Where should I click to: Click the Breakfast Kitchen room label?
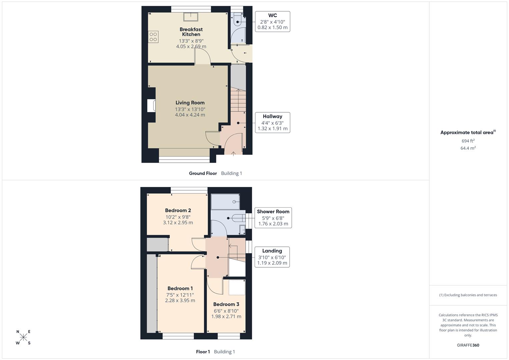191,32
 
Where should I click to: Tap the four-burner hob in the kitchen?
153,37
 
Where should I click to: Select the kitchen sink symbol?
191,16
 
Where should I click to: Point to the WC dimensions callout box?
272,22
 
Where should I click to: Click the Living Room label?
190,103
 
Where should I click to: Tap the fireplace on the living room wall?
152,106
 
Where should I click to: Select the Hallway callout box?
272,123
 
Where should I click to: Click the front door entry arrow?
233,153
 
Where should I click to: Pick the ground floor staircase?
238,100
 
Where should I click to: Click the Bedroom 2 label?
178,210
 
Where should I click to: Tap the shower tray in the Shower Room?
225,202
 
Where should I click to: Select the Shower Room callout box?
273,218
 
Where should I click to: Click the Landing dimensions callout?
272,257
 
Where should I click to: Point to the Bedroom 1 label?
180,288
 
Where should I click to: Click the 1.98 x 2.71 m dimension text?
226,316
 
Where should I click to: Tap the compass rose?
23,337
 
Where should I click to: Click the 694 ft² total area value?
468,141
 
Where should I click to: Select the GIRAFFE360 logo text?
468,345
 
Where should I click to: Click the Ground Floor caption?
203,173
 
